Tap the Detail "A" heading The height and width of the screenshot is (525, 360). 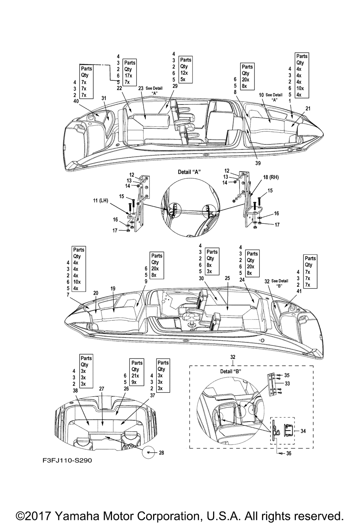tap(190, 172)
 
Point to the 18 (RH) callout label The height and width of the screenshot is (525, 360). tap(270, 177)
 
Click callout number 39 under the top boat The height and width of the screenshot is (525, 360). tap(258, 163)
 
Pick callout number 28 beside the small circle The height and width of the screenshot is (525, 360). tap(161, 453)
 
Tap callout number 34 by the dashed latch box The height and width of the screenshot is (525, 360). tap(303, 431)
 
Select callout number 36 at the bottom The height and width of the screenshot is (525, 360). tap(289, 454)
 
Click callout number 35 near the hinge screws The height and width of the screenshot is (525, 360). tap(287, 375)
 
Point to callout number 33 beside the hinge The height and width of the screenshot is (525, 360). tap(287, 383)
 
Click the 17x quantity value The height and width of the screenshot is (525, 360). tap(129, 76)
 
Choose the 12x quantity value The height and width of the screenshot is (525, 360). tap(184, 73)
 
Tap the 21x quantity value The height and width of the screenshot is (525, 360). tap(136, 375)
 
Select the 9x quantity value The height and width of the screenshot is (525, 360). tap(134, 382)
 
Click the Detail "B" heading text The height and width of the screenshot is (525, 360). tap(230, 371)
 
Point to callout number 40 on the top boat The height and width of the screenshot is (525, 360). tap(76, 101)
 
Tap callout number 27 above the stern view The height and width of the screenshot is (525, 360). tap(102, 389)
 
